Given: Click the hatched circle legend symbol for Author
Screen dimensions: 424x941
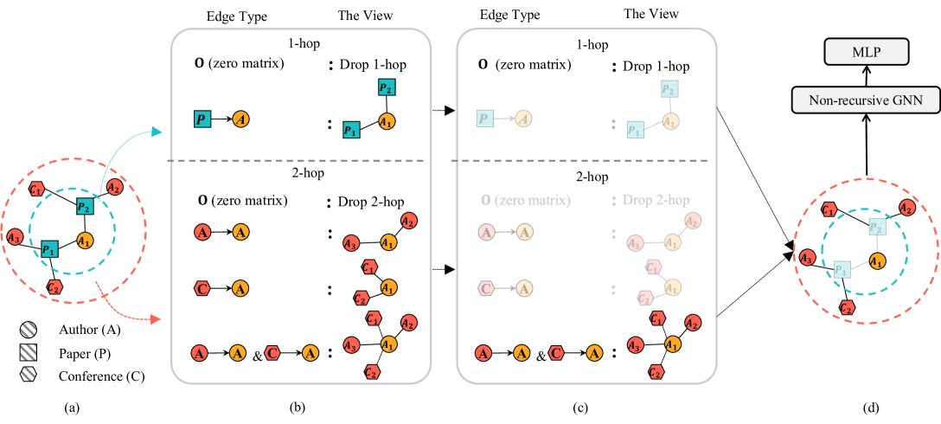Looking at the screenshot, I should pyautogui.click(x=27, y=330).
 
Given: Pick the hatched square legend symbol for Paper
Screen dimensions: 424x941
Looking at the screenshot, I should pyautogui.click(x=27, y=353).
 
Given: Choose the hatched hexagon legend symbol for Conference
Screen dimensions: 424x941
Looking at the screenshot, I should pyautogui.click(x=27, y=376).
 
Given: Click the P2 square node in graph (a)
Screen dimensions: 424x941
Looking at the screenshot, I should pyautogui.click(x=84, y=206).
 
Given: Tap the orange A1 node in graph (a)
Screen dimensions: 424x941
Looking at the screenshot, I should pyautogui.click(x=85, y=241).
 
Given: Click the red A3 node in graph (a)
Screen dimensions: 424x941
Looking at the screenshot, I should pyautogui.click(x=13, y=236).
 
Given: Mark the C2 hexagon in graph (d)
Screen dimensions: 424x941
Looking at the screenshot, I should pyautogui.click(x=848, y=308).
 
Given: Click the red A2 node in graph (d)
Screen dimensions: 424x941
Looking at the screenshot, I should pyautogui.click(x=906, y=208).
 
